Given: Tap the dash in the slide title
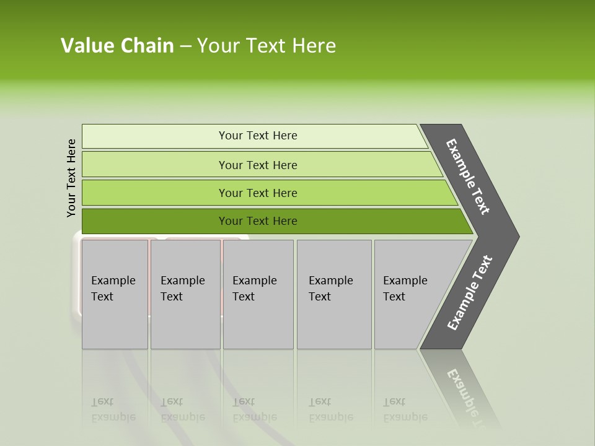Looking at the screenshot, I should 185,46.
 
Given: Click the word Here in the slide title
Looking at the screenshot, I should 314,46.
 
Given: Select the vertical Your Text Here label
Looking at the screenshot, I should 71,178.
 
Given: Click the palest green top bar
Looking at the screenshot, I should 257,136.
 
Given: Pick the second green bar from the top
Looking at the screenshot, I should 257,165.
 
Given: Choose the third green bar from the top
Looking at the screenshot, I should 257,193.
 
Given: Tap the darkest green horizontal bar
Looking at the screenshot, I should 257,221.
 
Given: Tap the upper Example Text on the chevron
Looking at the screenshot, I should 468,177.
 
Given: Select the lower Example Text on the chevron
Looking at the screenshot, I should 469,293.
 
